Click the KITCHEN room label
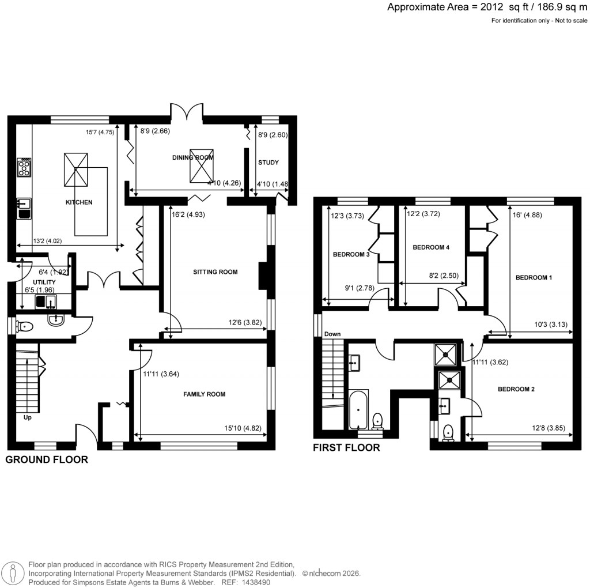click(x=79, y=202)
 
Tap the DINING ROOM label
click(x=192, y=157)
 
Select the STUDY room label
click(x=268, y=163)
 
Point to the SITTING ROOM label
click(x=215, y=272)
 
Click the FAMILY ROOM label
click(x=204, y=394)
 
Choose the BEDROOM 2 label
click(x=516, y=389)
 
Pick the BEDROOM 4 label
click(x=431, y=247)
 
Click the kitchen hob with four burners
click(x=25, y=167)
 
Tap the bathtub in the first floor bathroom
click(x=358, y=409)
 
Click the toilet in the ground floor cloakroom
click(x=25, y=326)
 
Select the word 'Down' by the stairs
click(x=332, y=334)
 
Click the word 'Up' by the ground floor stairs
click(x=28, y=417)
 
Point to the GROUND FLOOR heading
click(x=47, y=459)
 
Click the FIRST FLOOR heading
click(x=346, y=447)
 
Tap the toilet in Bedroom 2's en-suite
click(x=449, y=431)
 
